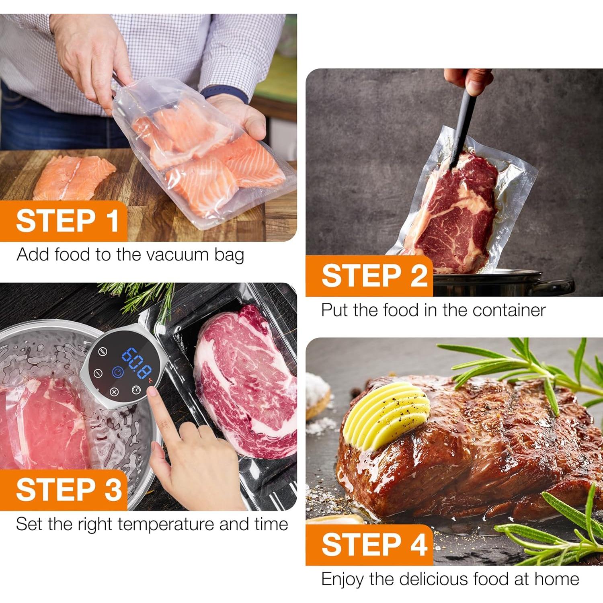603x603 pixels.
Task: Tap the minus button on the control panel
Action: (x=96, y=373)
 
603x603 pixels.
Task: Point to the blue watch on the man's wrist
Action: (x=225, y=93)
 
